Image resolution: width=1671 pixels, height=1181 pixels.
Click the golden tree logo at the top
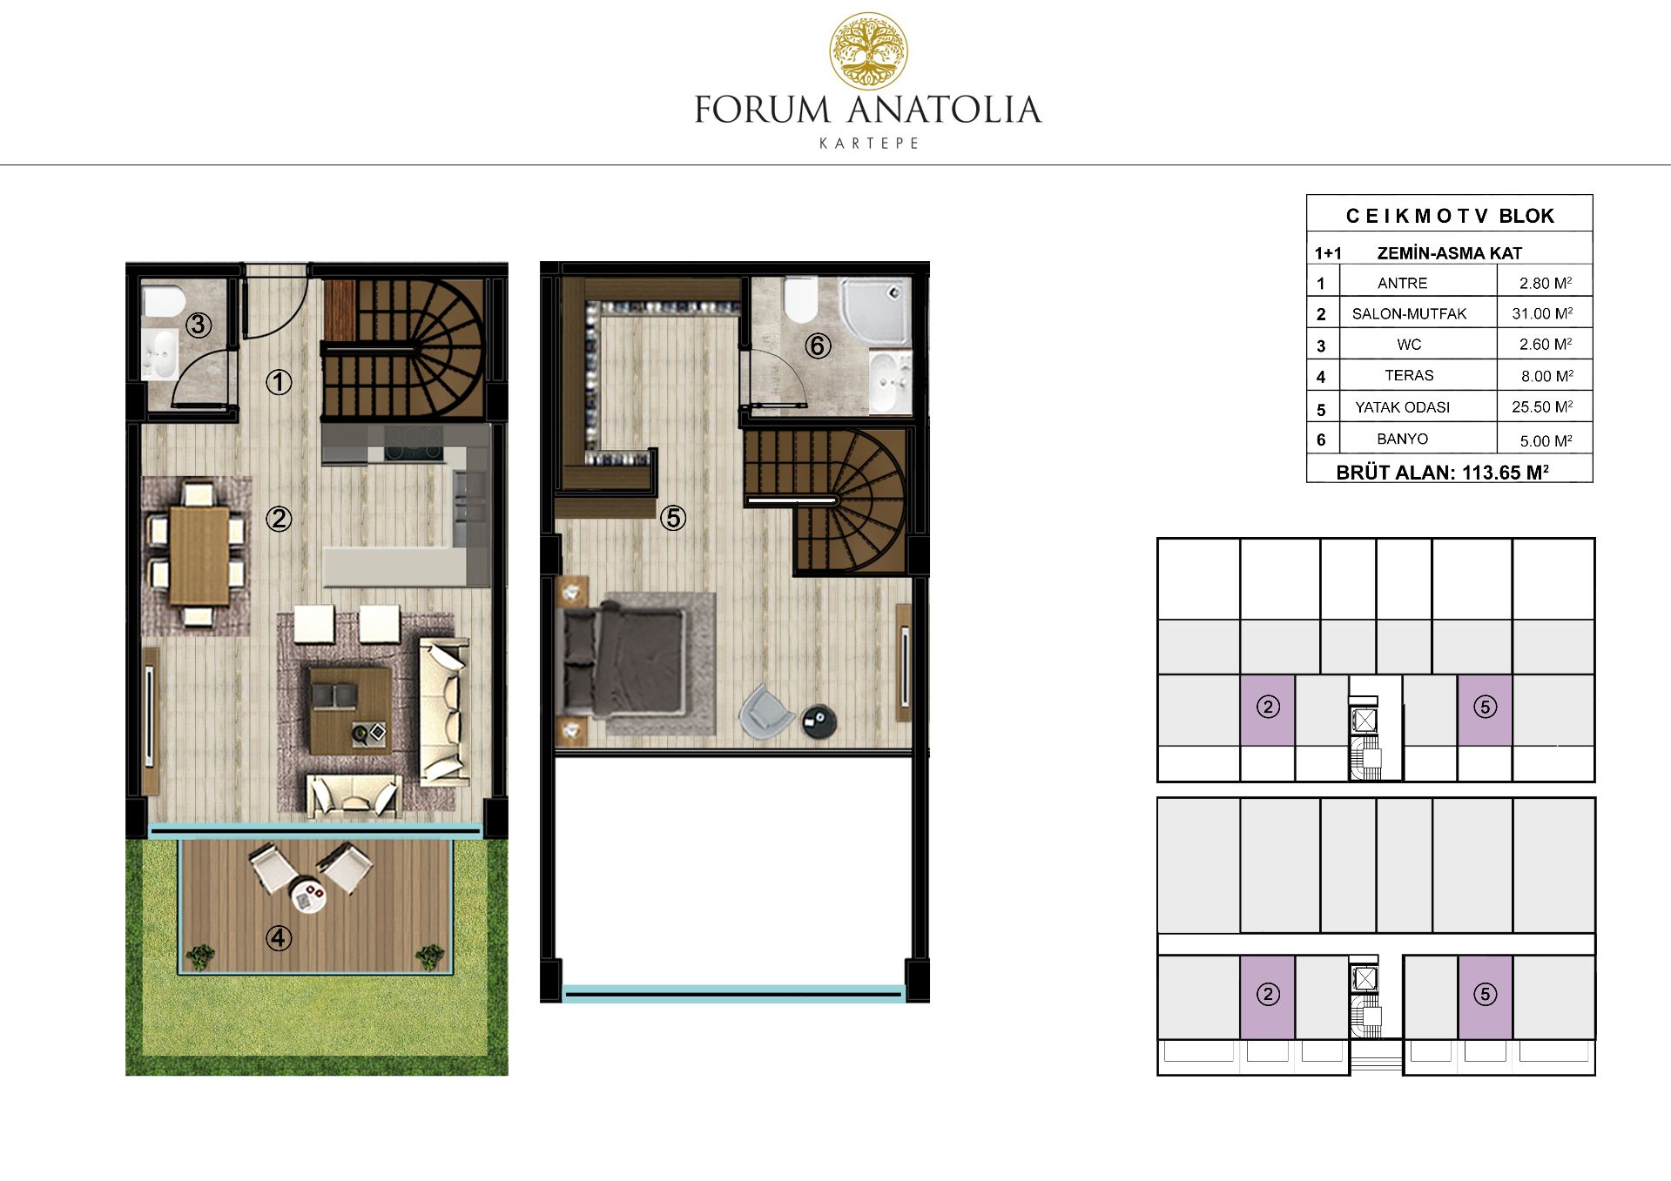pyautogui.click(x=868, y=51)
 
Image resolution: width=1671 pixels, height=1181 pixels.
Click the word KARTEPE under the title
pyautogui.click(x=869, y=144)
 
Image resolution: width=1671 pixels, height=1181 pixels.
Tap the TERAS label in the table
pyautogui.click(x=1409, y=375)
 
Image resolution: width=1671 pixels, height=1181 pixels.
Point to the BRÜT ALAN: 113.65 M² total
pyautogui.click(x=1442, y=472)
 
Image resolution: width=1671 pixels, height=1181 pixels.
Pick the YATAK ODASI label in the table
pyautogui.click(x=1402, y=407)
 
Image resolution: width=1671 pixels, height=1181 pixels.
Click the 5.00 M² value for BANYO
pyautogui.click(x=1546, y=440)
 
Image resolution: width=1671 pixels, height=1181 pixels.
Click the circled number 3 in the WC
pyautogui.click(x=199, y=325)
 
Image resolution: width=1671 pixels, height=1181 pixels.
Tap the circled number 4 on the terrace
pyautogui.click(x=279, y=937)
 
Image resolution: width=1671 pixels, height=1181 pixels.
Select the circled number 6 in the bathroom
pyautogui.click(x=817, y=346)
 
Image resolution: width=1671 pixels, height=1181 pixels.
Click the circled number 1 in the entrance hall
pyautogui.click(x=279, y=381)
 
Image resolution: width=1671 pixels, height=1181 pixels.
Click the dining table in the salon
pyautogui.click(x=199, y=554)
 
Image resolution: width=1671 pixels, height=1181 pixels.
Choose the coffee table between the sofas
pyautogui.click(x=350, y=709)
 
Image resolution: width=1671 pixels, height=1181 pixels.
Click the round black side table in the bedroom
pyautogui.click(x=819, y=720)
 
